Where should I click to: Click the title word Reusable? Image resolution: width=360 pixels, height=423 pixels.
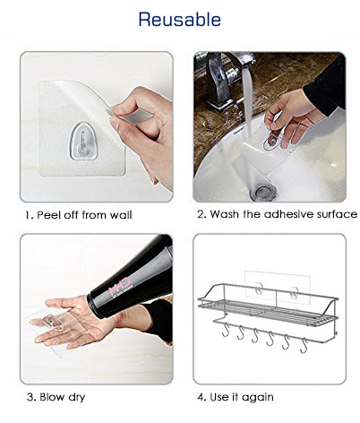coord(180,19)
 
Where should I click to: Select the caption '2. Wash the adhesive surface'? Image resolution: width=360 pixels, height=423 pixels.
coord(277,214)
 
